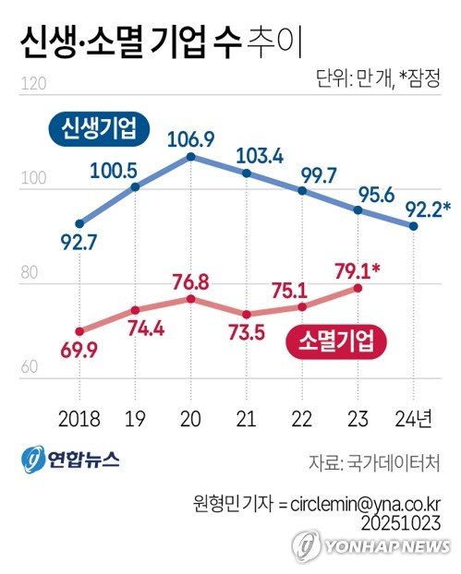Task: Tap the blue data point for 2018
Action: click(80, 223)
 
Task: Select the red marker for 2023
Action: click(358, 288)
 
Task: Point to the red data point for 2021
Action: click(247, 314)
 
